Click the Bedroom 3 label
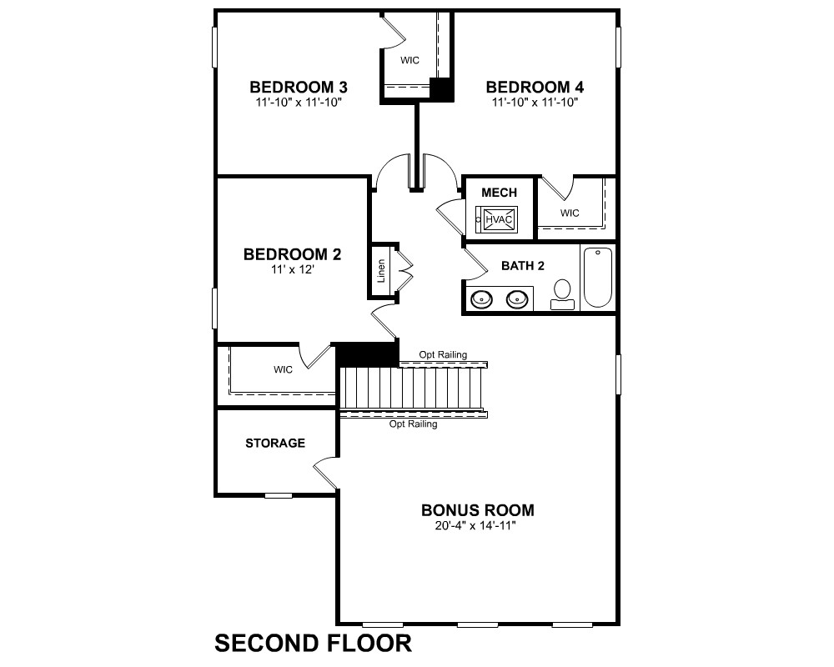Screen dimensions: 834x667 (x=299, y=87)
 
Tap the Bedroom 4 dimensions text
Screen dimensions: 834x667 (x=535, y=102)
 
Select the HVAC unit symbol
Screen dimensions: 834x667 (x=499, y=219)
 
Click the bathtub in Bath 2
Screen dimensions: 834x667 (x=598, y=277)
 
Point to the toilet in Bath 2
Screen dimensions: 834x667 (x=562, y=294)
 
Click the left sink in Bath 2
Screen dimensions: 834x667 (x=482, y=299)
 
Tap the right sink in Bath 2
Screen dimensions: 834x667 (x=516, y=299)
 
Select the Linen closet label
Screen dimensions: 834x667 (x=381, y=271)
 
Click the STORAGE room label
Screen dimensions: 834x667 (x=275, y=443)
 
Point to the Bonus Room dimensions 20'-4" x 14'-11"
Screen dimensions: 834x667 (x=475, y=526)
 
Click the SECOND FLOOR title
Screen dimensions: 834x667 (x=313, y=643)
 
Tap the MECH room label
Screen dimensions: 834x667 (x=499, y=193)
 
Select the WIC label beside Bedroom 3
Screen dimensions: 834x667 (x=409, y=60)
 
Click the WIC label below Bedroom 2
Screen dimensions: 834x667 (x=283, y=369)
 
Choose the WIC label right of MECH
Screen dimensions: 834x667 (x=570, y=213)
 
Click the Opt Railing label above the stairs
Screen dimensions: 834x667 (x=443, y=354)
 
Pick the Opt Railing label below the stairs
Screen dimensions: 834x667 (x=414, y=424)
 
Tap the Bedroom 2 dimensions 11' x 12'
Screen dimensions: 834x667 (x=293, y=269)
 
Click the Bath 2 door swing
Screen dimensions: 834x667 (x=475, y=264)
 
